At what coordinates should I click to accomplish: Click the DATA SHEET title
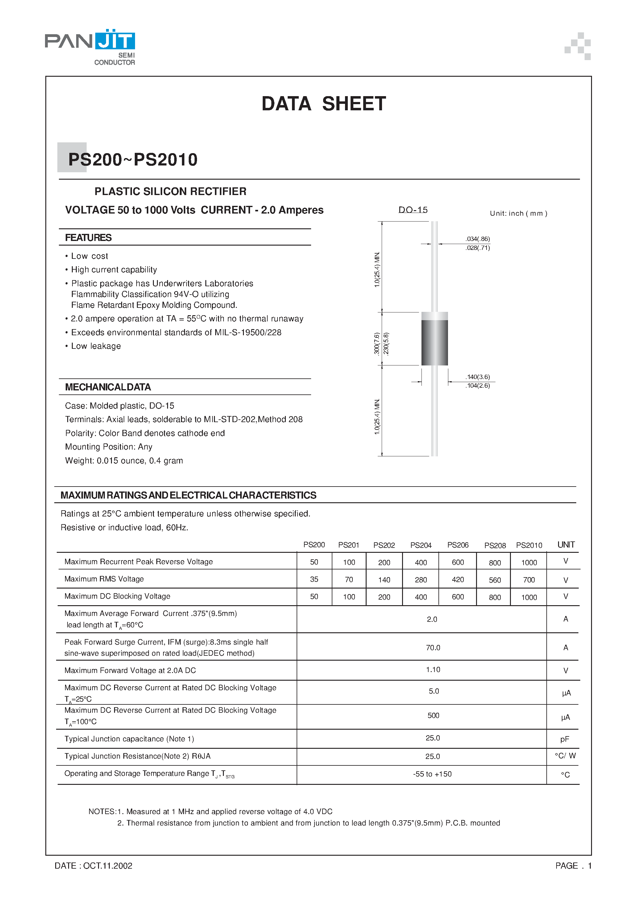[x=324, y=104]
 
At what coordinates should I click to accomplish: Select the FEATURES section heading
[x=88, y=238]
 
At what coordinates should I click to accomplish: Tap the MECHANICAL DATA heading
[x=108, y=387]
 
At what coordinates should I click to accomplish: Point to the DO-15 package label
[x=413, y=210]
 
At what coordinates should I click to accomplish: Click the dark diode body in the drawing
[x=434, y=342]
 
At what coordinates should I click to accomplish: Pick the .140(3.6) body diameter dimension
[x=478, y=377]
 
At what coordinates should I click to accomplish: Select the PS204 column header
[x=421, y=545]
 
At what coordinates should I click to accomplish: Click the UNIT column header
[x=566, y=545]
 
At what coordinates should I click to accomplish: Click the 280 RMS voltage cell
[x=421, y=580]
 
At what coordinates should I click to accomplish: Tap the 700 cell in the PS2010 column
[x=528, y=580]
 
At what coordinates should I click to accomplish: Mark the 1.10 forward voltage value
[x=433, y=670]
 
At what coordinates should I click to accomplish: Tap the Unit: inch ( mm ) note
[x=518, y=214]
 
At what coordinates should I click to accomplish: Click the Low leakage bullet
[x=96, y=346]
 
